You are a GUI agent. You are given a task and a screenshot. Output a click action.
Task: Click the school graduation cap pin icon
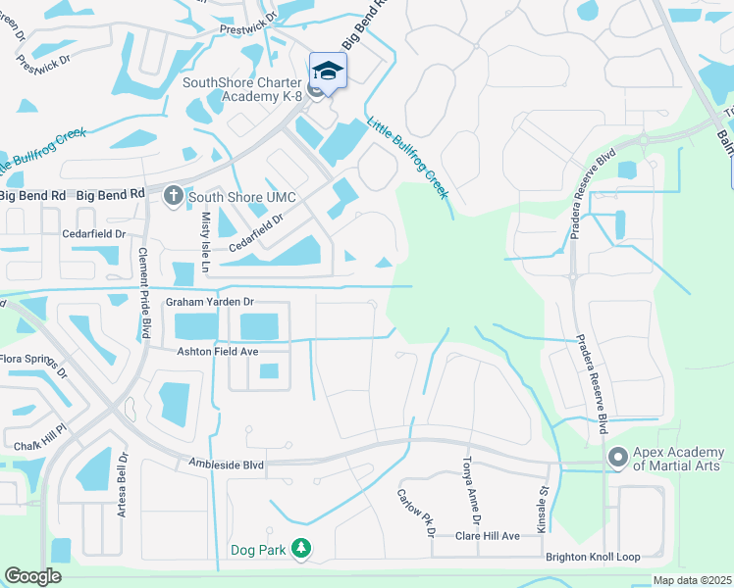click(329, 71)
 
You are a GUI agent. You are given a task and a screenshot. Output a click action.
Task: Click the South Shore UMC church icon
click(174, 195)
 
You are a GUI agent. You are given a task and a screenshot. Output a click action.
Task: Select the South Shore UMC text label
click(230, 196)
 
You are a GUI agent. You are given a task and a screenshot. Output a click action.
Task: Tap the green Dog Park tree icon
click(303, 549)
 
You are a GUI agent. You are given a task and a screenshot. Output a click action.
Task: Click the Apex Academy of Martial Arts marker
click(617, 457)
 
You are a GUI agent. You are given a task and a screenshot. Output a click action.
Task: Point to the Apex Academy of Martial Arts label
click(678, 458)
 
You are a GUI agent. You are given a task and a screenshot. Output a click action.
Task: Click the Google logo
click(32, 576)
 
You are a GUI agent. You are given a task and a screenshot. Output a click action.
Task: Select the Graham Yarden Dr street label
click(210, 302)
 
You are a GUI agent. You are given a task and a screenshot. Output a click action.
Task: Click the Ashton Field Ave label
click(217, 351)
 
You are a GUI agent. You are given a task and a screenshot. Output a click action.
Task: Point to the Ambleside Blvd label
click(227, 465)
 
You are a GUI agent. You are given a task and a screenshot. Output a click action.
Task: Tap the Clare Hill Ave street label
click(487, 536)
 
